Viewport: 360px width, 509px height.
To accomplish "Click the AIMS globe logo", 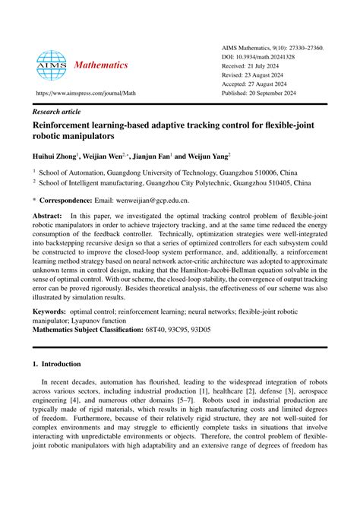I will [52, 67].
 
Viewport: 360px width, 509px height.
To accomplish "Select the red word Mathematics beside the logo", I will [101, 65].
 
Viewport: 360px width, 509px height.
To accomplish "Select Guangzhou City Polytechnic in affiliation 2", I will [200, 183].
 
